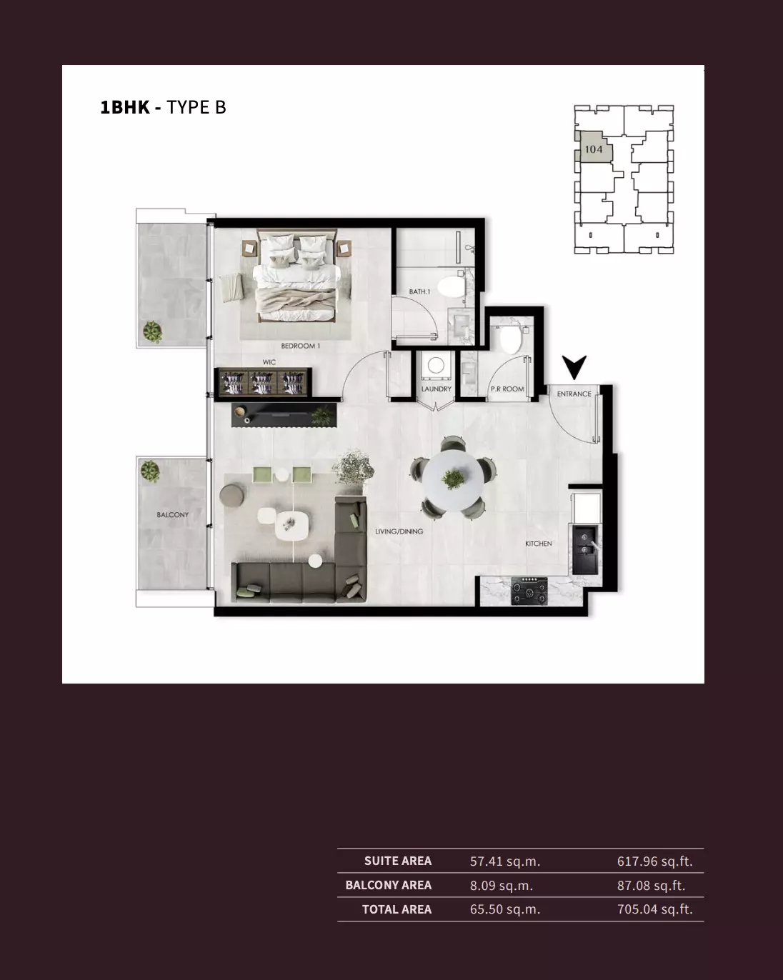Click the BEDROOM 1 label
pos(300,346)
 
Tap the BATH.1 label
pos(419,291)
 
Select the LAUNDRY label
pos(437,389)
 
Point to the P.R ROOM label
pos(507,389)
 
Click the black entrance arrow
pos(574,367)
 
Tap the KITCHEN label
pos(539,544)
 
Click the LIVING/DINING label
pos(399,531)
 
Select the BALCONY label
pos(173,514)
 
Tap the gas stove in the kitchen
pos(529,591)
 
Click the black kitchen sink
pos(585,550)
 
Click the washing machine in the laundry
pos(436,366)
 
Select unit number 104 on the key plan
pos(594,149)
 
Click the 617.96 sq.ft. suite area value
pos(654,861)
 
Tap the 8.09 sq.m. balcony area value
pos(501,885)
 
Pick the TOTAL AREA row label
pos(397,909)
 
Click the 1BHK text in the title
pos(125,107)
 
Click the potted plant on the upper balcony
pos(152,331)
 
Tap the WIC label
pos(269,362)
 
